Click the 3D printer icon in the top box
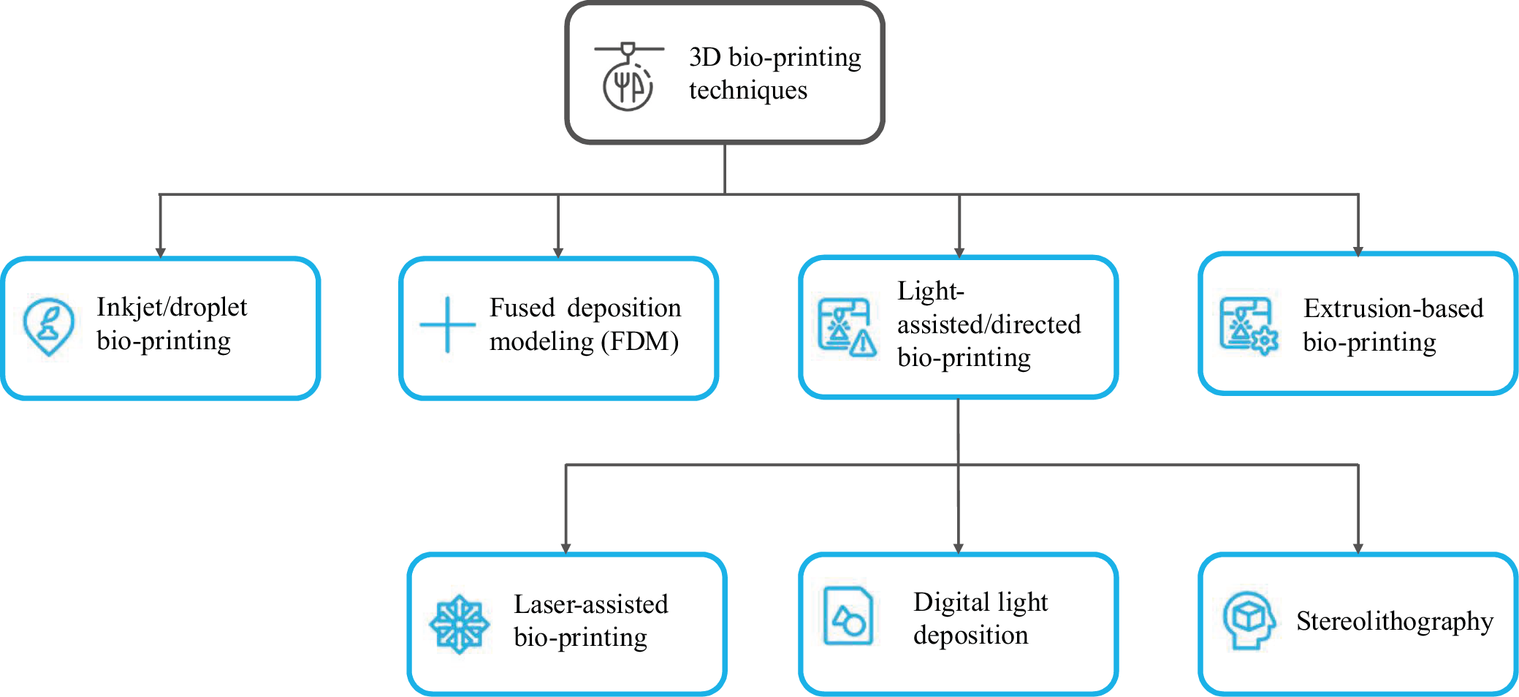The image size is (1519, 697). coord(628,77)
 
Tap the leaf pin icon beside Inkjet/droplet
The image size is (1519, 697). coord(48,326)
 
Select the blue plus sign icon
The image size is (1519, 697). coord(447,325)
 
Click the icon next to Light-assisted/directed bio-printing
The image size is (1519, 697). coord(846,327)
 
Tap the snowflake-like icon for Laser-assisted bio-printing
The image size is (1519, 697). coord(459,624)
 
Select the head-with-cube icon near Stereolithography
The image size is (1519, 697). coord(1248,620)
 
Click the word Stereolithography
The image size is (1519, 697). coord(1394,621)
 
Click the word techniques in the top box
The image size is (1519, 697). coord(748,91)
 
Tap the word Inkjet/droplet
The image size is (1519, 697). coord(172,308)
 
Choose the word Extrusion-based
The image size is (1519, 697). coord(1393,308)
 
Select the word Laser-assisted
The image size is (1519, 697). coord(590,604)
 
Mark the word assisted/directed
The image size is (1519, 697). coord(989,324)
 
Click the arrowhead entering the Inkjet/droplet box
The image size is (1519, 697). coord(160,252)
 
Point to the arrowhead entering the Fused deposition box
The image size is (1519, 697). coord(558,252)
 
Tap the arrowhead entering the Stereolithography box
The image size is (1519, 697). coord(1358,548)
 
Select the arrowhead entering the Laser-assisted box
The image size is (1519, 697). coord(566,548)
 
